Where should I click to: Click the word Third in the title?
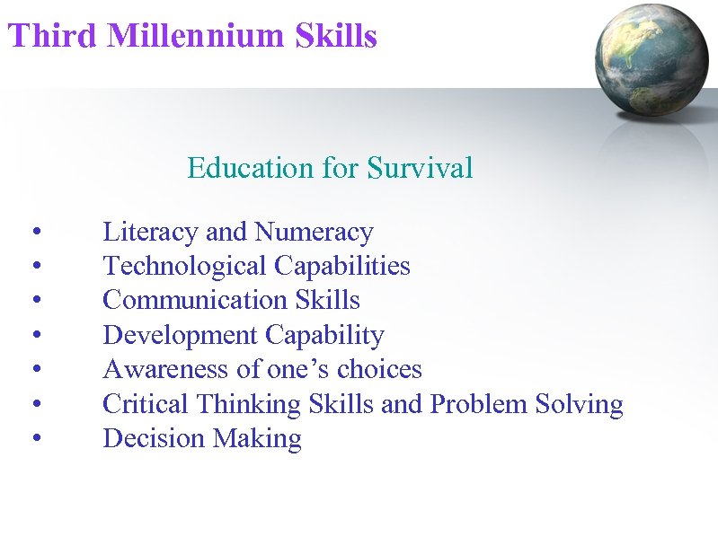(x=51, y=37)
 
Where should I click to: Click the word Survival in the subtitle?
(x=421, y=168)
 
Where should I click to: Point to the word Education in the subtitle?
(x=242, y=168)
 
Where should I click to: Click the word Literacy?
(x=152, y=233)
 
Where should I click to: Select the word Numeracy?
(x=314, y=233)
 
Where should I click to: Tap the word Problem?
(x=479, y=404)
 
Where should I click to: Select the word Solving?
(x=580, y=404)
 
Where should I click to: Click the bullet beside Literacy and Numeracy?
(x=34, y=233)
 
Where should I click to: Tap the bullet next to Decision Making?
(x=34, y=439)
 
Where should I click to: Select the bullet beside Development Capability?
(x=34, y=337)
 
